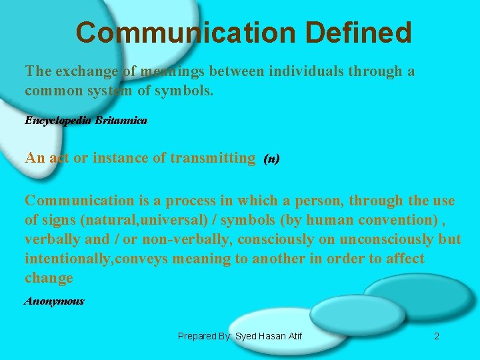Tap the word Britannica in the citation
(121, 121)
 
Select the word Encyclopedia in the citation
(59, 121)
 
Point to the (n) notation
(271, 159)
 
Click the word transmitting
(213, 158)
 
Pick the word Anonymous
(54, 301)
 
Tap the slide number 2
(437, 336)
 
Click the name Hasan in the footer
(265, 336)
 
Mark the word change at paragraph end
(49, 277)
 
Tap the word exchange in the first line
(83, 71)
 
